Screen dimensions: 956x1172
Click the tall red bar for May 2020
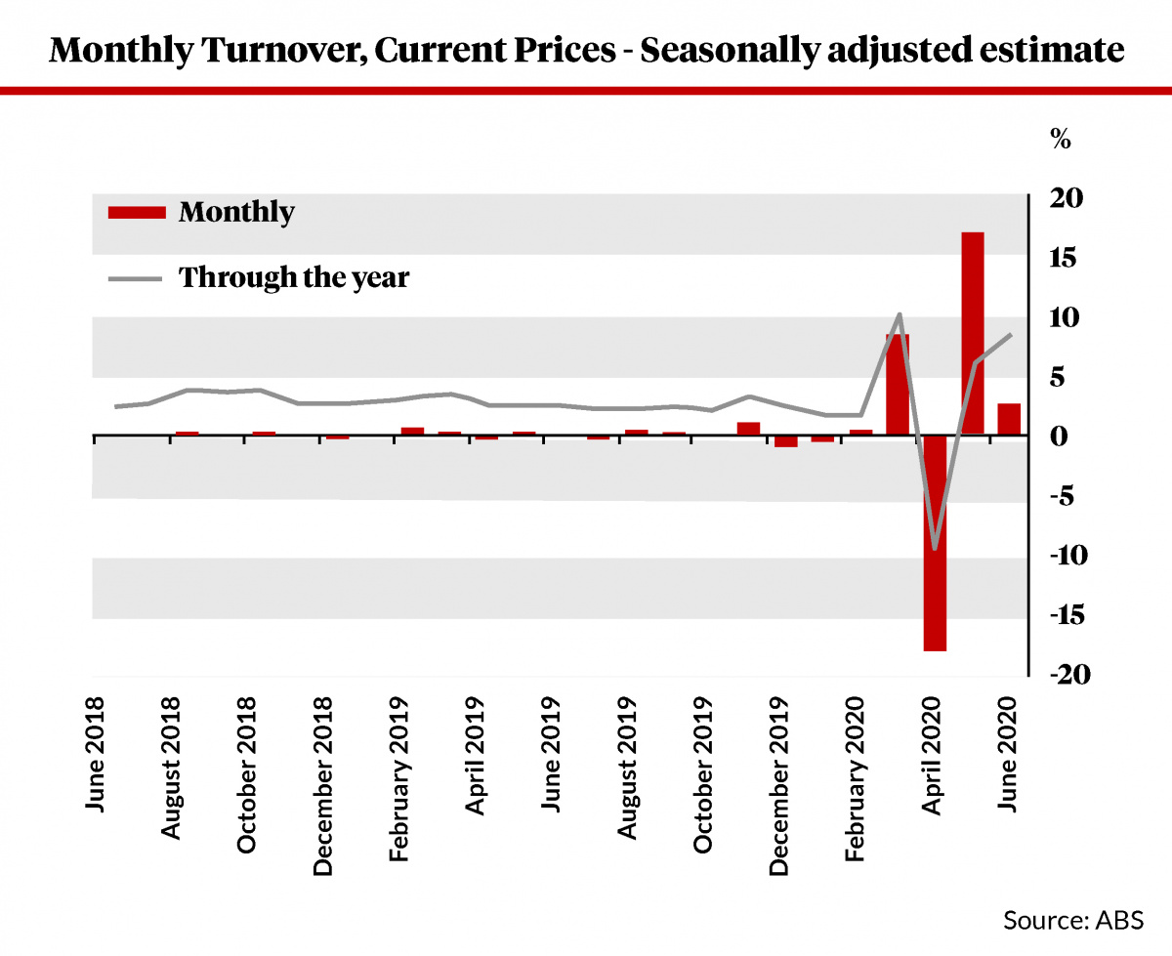click(972, 332)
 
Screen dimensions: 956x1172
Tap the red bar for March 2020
click(898, 385)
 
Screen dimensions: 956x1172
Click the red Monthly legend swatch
click(136, 212)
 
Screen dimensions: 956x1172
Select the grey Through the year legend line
click(136, 278)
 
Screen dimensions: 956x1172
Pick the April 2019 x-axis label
click(476, 758)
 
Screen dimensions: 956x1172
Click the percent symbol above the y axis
click(1060, 139)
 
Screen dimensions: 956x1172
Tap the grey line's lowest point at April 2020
click(935, 548)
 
